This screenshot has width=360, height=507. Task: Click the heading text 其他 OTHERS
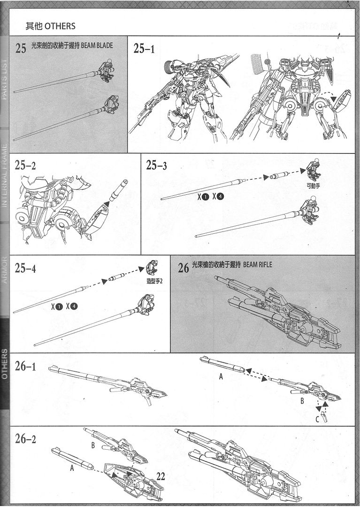[x=50, y=26]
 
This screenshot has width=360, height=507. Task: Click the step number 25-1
[x=144, y=49]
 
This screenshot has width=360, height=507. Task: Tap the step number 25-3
[x=157, y=165]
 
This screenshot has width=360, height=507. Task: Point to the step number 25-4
[x=25, y=269]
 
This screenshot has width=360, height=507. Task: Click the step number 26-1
[x=25, y=367]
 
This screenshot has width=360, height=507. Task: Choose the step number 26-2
[x=25, y=440]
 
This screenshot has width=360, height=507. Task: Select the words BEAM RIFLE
[x=258, y=265]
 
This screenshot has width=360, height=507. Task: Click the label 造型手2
[x=154, y=281]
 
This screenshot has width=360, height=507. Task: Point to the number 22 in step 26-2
[x=161, y=476]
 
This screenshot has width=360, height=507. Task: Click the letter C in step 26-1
[x=317, y=419]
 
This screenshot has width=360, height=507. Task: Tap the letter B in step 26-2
[x=93, y=445]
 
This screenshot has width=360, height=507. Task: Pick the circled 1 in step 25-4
[x=59, y=307]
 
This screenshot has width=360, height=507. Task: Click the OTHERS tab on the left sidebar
[x=4, y=364]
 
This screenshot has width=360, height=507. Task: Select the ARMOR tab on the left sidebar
[x=4, y=270]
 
